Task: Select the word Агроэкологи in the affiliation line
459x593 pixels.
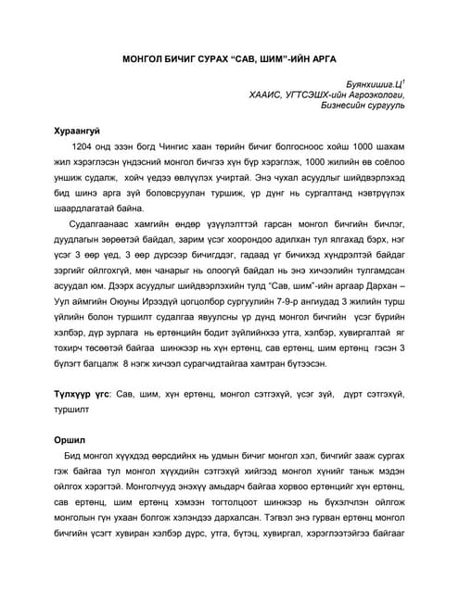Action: [376, 95]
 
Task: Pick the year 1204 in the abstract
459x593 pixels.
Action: [83, 148]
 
